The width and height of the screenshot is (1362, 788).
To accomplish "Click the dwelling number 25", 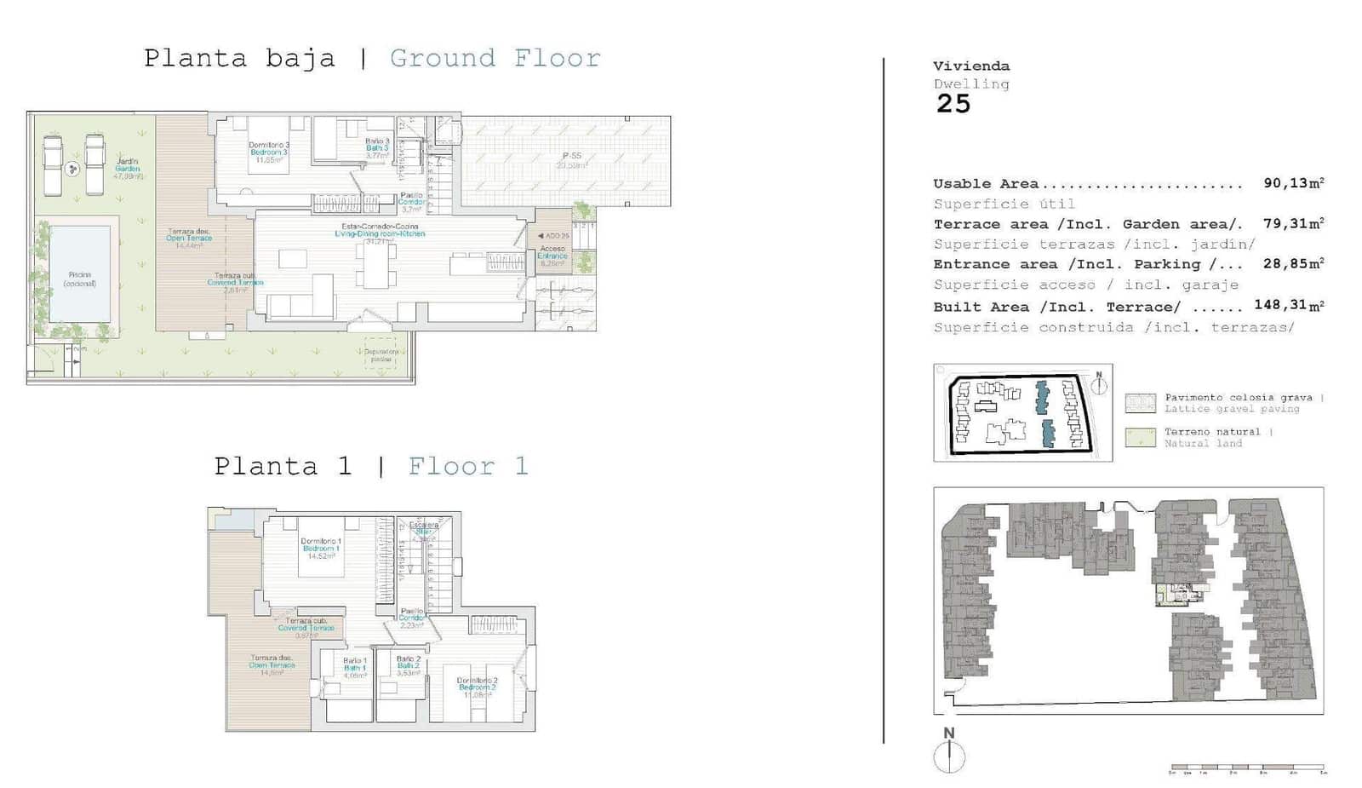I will [953, 104].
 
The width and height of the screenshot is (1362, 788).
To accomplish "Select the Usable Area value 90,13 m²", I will [1292, 184].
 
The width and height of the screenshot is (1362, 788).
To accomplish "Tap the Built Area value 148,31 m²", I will [1288, 306].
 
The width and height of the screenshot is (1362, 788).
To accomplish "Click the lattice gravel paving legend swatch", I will [1140, 403].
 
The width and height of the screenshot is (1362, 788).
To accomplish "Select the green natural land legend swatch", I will [1140, 438].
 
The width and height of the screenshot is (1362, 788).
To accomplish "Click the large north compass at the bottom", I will [948, 755].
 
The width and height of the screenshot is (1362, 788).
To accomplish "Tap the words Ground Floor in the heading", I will [495, 59].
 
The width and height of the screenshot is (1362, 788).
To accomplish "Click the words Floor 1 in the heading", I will [468, 467].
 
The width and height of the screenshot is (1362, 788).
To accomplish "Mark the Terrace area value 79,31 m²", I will [1292, 224].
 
